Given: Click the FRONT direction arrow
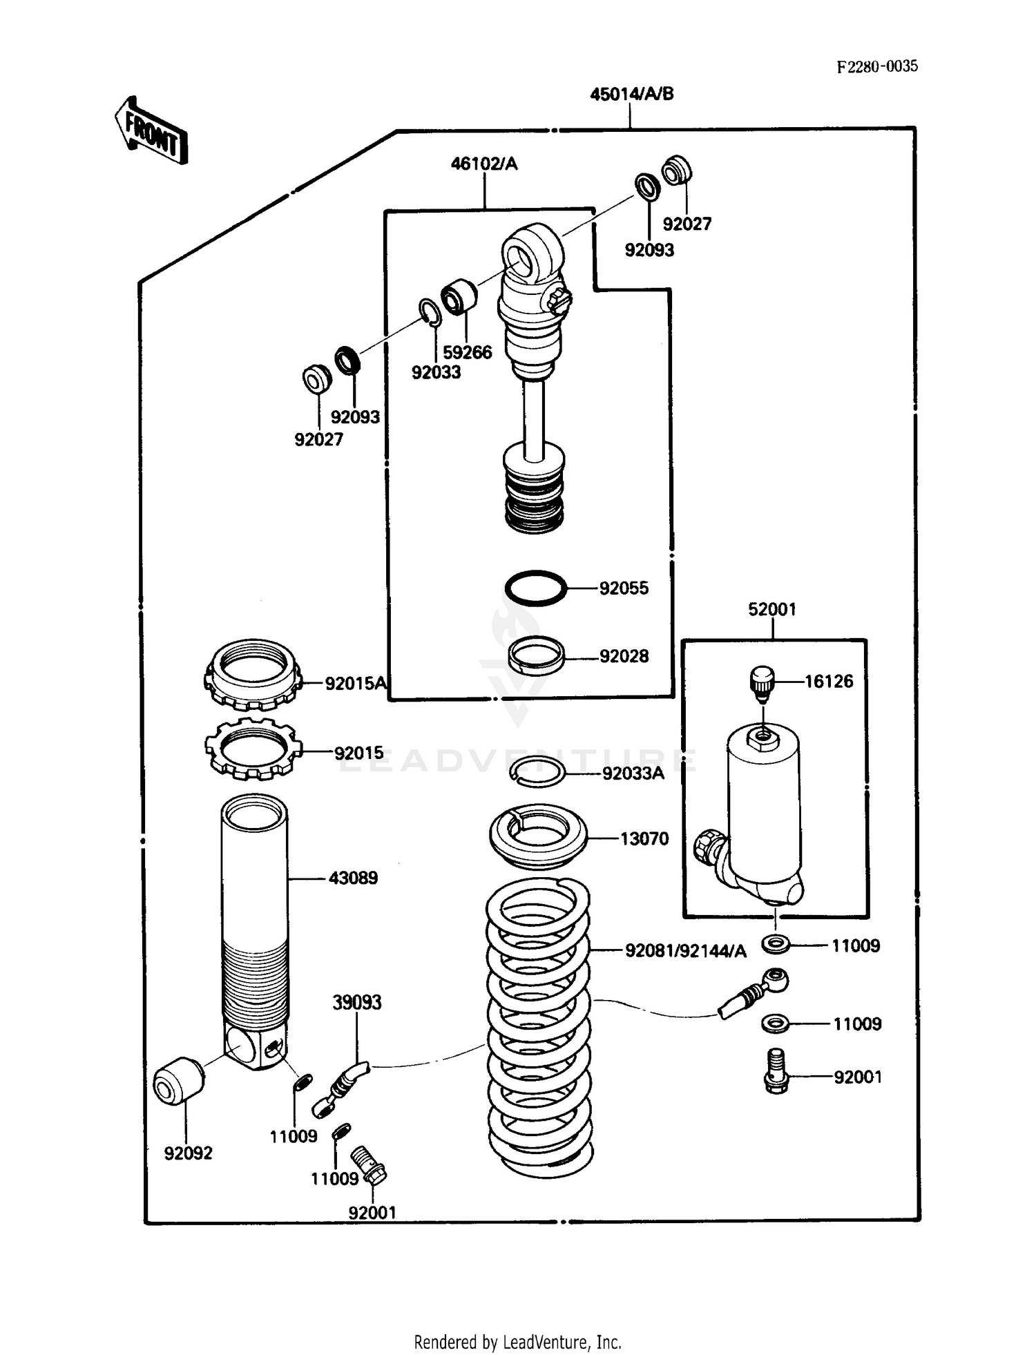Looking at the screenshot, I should [x=151, y=131].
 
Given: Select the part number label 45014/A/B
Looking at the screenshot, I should [x=631, y=94].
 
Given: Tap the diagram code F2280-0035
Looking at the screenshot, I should [x=877, y=66].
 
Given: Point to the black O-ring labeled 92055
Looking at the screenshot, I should [x=535, y=588].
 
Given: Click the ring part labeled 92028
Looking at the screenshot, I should [x=536, y=655].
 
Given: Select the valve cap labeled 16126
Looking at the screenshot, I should [x=762, y=682].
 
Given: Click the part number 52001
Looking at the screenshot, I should [x=771, y=609].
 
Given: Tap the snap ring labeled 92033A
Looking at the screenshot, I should [x=537, y=771].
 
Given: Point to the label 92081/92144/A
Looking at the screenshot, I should [x=685, y=951].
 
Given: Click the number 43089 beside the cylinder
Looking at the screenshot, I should [x=353, y=878].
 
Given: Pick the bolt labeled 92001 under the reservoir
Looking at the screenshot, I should [x=776, y=1071].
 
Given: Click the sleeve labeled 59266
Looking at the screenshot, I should [x=459, y=297].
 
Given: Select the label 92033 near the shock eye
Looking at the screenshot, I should [x=436, y=372].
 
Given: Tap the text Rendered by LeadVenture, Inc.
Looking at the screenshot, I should [x=517, y=1342].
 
